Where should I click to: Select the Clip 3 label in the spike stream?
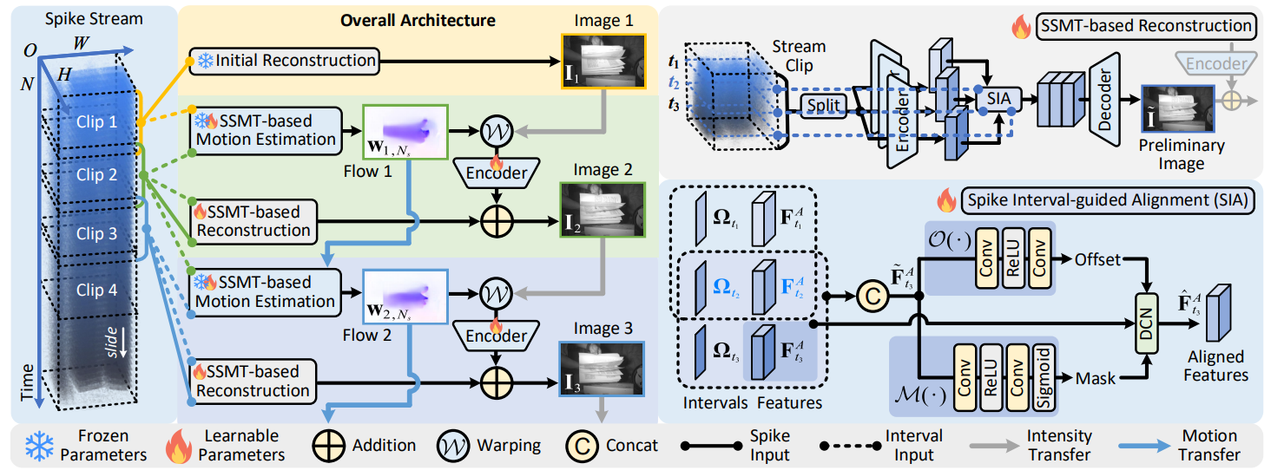[95, 233]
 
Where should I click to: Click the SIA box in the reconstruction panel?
[999, 99]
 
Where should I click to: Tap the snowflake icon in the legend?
[39, 444]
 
